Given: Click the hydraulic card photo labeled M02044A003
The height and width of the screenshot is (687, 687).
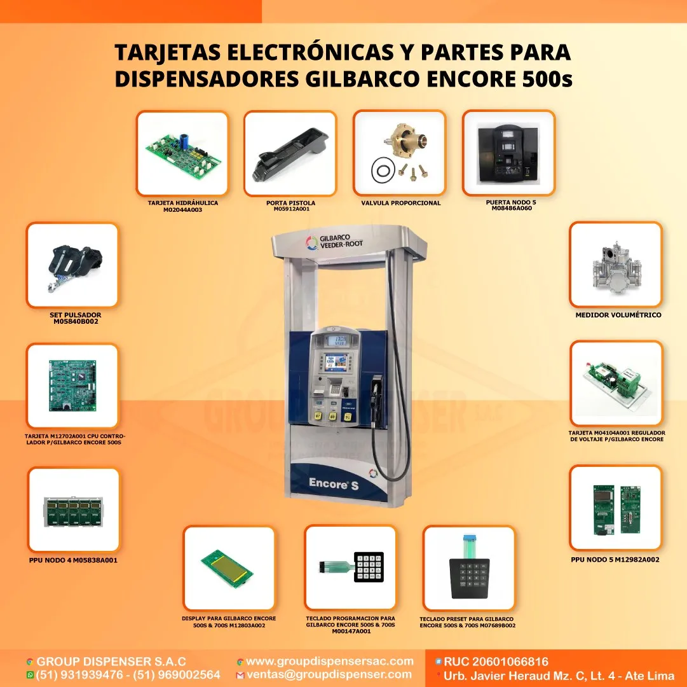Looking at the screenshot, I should tap(182, 153).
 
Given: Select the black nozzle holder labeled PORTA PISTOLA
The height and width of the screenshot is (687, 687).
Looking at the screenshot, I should tap(290, 154).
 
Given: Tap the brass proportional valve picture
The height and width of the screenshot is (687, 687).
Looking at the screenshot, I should tap(399, 153).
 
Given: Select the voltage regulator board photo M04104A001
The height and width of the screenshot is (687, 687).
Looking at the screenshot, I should tap(616, 383).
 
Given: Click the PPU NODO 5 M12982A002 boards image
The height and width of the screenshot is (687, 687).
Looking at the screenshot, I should tap(615, 508).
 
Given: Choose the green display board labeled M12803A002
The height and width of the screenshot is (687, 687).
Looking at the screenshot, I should tap(228, 567).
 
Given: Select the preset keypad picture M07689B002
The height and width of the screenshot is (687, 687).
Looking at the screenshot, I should tap(469, 568).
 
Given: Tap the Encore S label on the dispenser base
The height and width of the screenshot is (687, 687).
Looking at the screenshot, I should tap(329, 483).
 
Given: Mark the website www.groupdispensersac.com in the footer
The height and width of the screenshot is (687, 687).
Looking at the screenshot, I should tap(329, 662).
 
